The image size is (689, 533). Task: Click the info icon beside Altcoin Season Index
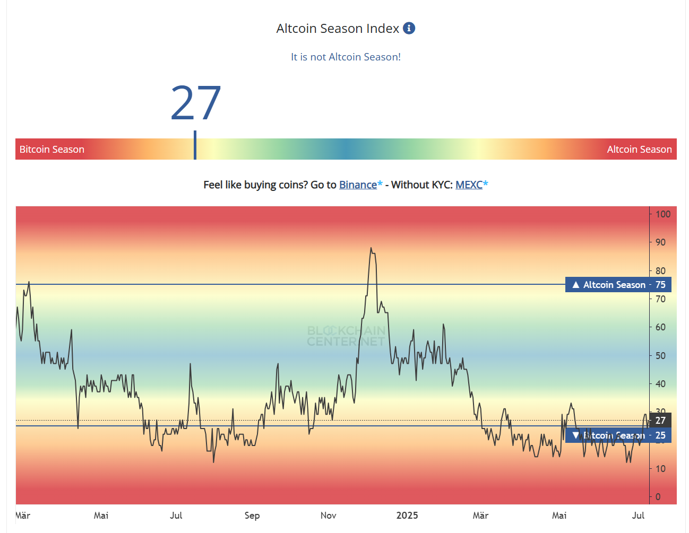point(409,28)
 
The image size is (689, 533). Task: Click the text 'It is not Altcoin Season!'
point(346,57)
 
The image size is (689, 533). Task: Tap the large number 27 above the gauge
point(195,103)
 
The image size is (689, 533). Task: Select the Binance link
point(358,185)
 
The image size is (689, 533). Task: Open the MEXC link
point(469,185)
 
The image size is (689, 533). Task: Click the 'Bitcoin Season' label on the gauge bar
point(52,150)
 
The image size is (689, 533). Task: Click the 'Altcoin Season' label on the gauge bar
point(639,150)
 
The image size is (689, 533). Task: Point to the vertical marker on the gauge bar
point(195,145)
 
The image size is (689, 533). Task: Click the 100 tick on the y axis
point(662,214)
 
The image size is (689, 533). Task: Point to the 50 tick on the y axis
point(660,356)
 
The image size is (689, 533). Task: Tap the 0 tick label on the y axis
point(658,497)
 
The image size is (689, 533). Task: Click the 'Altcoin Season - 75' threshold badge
point(618,285)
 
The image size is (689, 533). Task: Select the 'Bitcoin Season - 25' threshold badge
point(618,435)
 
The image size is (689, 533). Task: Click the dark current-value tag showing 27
point(660,421)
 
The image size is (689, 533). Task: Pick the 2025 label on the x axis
point(407,515)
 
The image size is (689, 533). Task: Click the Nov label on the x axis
point(329,515)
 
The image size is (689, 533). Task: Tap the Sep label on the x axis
point(252,515)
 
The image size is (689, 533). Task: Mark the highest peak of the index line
point(371,248)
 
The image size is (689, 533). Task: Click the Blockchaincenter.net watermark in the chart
point(346,336)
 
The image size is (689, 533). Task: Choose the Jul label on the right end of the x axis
point(638,515)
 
